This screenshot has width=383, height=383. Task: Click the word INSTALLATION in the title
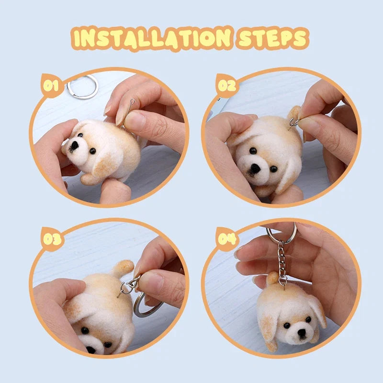point(152,38)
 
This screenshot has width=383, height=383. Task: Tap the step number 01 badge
point(51,86)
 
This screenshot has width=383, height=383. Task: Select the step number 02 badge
point(226,86)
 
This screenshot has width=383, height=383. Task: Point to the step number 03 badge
point(52,239)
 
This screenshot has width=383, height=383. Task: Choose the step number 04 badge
point(227,239)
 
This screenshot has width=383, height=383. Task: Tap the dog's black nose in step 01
point(74,146)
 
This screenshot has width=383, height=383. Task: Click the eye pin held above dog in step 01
point(127,112)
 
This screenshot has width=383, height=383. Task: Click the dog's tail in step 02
point(294,113)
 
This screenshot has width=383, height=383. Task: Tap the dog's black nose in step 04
point(302,332)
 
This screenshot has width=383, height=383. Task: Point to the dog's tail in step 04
point(272,278)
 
